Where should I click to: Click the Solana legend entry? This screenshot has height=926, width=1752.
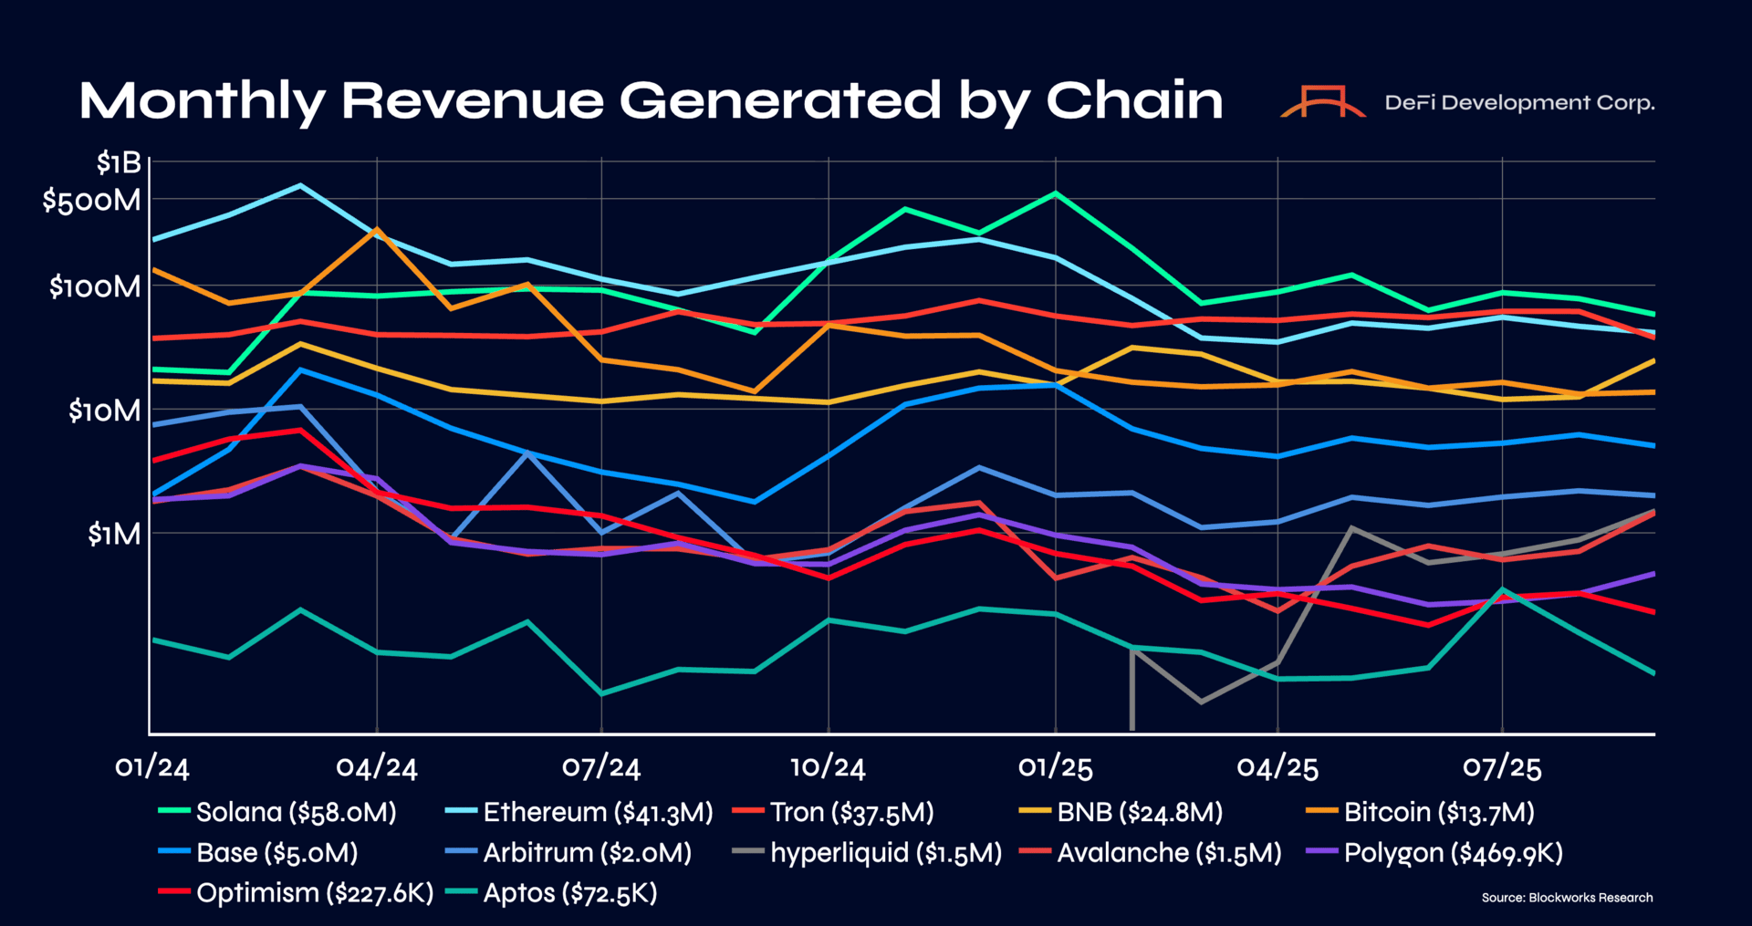277,812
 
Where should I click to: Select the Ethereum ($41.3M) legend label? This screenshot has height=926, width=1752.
579,812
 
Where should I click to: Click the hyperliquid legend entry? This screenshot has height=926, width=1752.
867,853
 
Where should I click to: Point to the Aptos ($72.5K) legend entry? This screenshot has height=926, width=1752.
552,893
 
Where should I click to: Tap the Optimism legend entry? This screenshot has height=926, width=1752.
296,893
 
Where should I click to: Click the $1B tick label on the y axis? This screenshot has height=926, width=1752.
120,163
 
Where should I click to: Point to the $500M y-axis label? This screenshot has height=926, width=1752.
92,200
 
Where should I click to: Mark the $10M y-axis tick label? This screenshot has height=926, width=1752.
105,411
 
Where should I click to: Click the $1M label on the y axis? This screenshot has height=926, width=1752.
114,534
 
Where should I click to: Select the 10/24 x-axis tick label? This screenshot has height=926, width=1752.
828,766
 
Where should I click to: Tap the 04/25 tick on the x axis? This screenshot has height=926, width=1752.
1277,766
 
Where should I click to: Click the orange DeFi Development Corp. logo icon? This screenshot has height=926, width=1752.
1323,101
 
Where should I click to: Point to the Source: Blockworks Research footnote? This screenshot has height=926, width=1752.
1567,898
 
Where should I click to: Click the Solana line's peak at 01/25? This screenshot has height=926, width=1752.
1056,193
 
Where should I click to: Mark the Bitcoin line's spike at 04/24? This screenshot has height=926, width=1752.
377,229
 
